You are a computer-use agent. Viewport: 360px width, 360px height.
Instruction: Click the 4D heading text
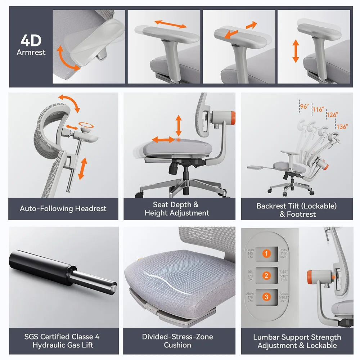pos(31,41)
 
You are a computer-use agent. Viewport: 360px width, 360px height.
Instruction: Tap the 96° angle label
pos(304,107)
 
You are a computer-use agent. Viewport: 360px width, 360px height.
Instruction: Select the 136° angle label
pos(342,127)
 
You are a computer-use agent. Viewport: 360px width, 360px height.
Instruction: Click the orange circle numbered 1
pos(266,253)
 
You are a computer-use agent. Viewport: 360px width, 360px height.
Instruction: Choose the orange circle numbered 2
pos(266,275)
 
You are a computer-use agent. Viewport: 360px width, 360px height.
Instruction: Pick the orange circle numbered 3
pos(266,297)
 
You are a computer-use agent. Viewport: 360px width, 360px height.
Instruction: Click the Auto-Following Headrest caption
pos(63,208)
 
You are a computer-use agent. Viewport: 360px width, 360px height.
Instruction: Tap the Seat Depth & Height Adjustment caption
pos(177,209)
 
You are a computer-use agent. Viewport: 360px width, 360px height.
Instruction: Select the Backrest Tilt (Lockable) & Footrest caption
pos(297,210)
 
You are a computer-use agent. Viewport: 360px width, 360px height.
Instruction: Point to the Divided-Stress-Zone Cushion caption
pos(177,341)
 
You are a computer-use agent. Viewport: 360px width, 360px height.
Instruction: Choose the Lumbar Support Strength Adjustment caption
pos(297,341)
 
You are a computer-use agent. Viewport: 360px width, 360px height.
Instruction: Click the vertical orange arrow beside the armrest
pos(296,51)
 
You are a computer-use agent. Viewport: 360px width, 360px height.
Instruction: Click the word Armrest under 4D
pos(31,53)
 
